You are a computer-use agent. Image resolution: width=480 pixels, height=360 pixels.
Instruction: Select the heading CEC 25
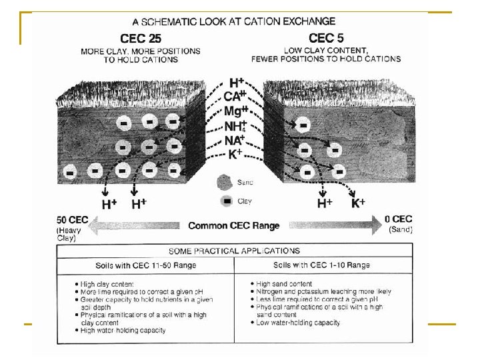coord(141,38)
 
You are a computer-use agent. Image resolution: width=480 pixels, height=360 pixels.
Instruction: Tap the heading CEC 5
coord(325,38)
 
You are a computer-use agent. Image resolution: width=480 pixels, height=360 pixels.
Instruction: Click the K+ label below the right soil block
coord(359,203)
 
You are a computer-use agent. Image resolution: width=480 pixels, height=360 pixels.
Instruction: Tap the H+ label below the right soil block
coord(325,203)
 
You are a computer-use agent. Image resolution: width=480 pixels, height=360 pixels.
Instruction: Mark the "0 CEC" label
coord(399,219)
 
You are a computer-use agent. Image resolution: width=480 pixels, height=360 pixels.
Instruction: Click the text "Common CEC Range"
coord(233,225)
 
